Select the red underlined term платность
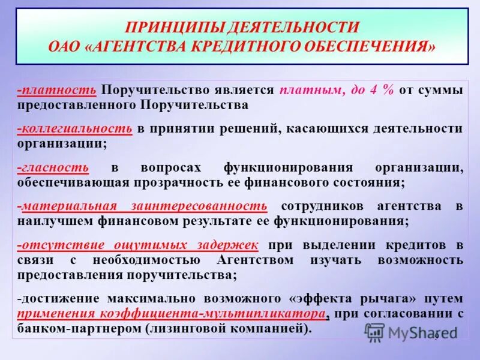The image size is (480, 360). [x=59, y=90]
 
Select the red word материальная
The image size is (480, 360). [x=70, y=206]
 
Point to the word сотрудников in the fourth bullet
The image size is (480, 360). [x=321, y=206]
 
